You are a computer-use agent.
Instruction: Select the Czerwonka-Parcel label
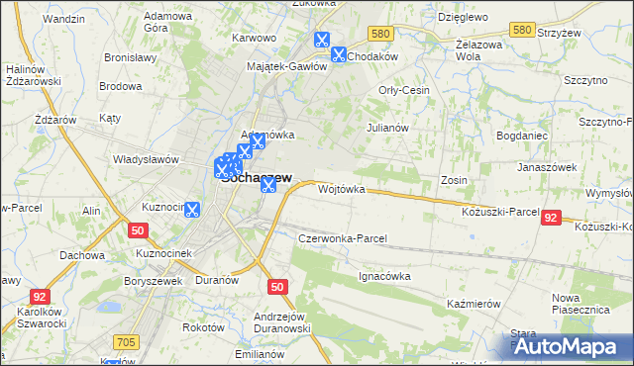pyautogui.click(x=342, y=239)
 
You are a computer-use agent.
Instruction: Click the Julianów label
pyautogui.click(x=387, y=128)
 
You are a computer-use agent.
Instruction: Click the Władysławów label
pyautogui.click(x=145, y=158)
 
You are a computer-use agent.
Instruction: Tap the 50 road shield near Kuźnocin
pyautogui.click(x=138, y=230)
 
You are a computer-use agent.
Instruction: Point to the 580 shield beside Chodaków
pyautogui.click(x=377, y=34)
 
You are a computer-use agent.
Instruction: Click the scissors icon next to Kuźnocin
pyautogui.click(x=191, y=210)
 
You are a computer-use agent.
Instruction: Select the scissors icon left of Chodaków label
pyautogui.click(x=339, y=55)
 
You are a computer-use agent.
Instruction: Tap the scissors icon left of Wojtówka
pyautogui.click(x=267, y=185)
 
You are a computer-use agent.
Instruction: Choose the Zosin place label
pyautogui.click(x=454, y=181)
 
